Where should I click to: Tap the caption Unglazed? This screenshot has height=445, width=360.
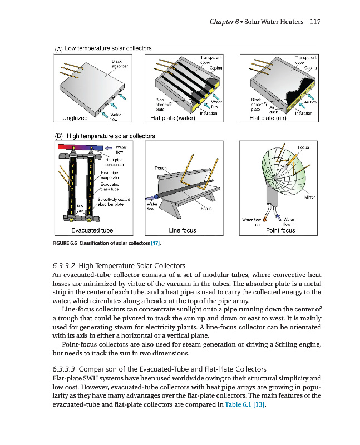[x=75, y=118]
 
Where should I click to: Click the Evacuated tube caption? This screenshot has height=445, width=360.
[x=92, y=230]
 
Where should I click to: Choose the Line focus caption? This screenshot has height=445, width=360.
[x=182, y=230]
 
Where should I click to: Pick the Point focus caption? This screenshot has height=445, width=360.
[x=280, y=230]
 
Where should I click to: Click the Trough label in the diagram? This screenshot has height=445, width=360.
[x=161, y=167]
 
